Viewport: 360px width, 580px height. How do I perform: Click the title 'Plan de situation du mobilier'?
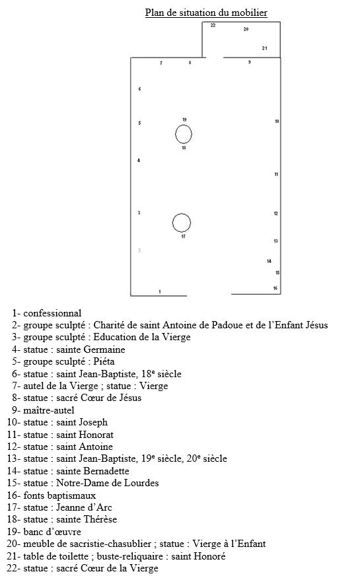(x=206, y=13)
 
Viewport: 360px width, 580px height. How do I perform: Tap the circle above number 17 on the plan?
(x=173, y=223)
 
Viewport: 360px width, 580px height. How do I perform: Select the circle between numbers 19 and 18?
(x=176, y=134)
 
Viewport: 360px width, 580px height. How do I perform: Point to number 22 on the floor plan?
(x=213, y=25)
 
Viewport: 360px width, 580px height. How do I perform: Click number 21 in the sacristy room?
(x=264, y=48)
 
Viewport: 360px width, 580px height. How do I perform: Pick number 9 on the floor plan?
(x=250, y=62)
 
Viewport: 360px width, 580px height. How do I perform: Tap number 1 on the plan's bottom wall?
(x=160, y=292)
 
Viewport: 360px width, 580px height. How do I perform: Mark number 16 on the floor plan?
(x=275, y=288)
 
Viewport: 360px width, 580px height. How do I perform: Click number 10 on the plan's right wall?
(x=277, y=122)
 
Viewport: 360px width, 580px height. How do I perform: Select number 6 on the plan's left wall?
(x=139, y=89)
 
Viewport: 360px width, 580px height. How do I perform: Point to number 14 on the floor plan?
(x=269, y=261)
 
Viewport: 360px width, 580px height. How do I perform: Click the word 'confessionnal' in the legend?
(x=52, y=313)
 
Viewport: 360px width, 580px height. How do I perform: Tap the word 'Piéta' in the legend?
(x=104, y=361)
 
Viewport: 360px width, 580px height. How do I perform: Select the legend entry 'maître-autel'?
(x=43, y=410)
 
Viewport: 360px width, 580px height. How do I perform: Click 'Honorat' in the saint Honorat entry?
(x=96, y=435)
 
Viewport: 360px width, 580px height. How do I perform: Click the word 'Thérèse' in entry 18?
(x=101, y=519)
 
